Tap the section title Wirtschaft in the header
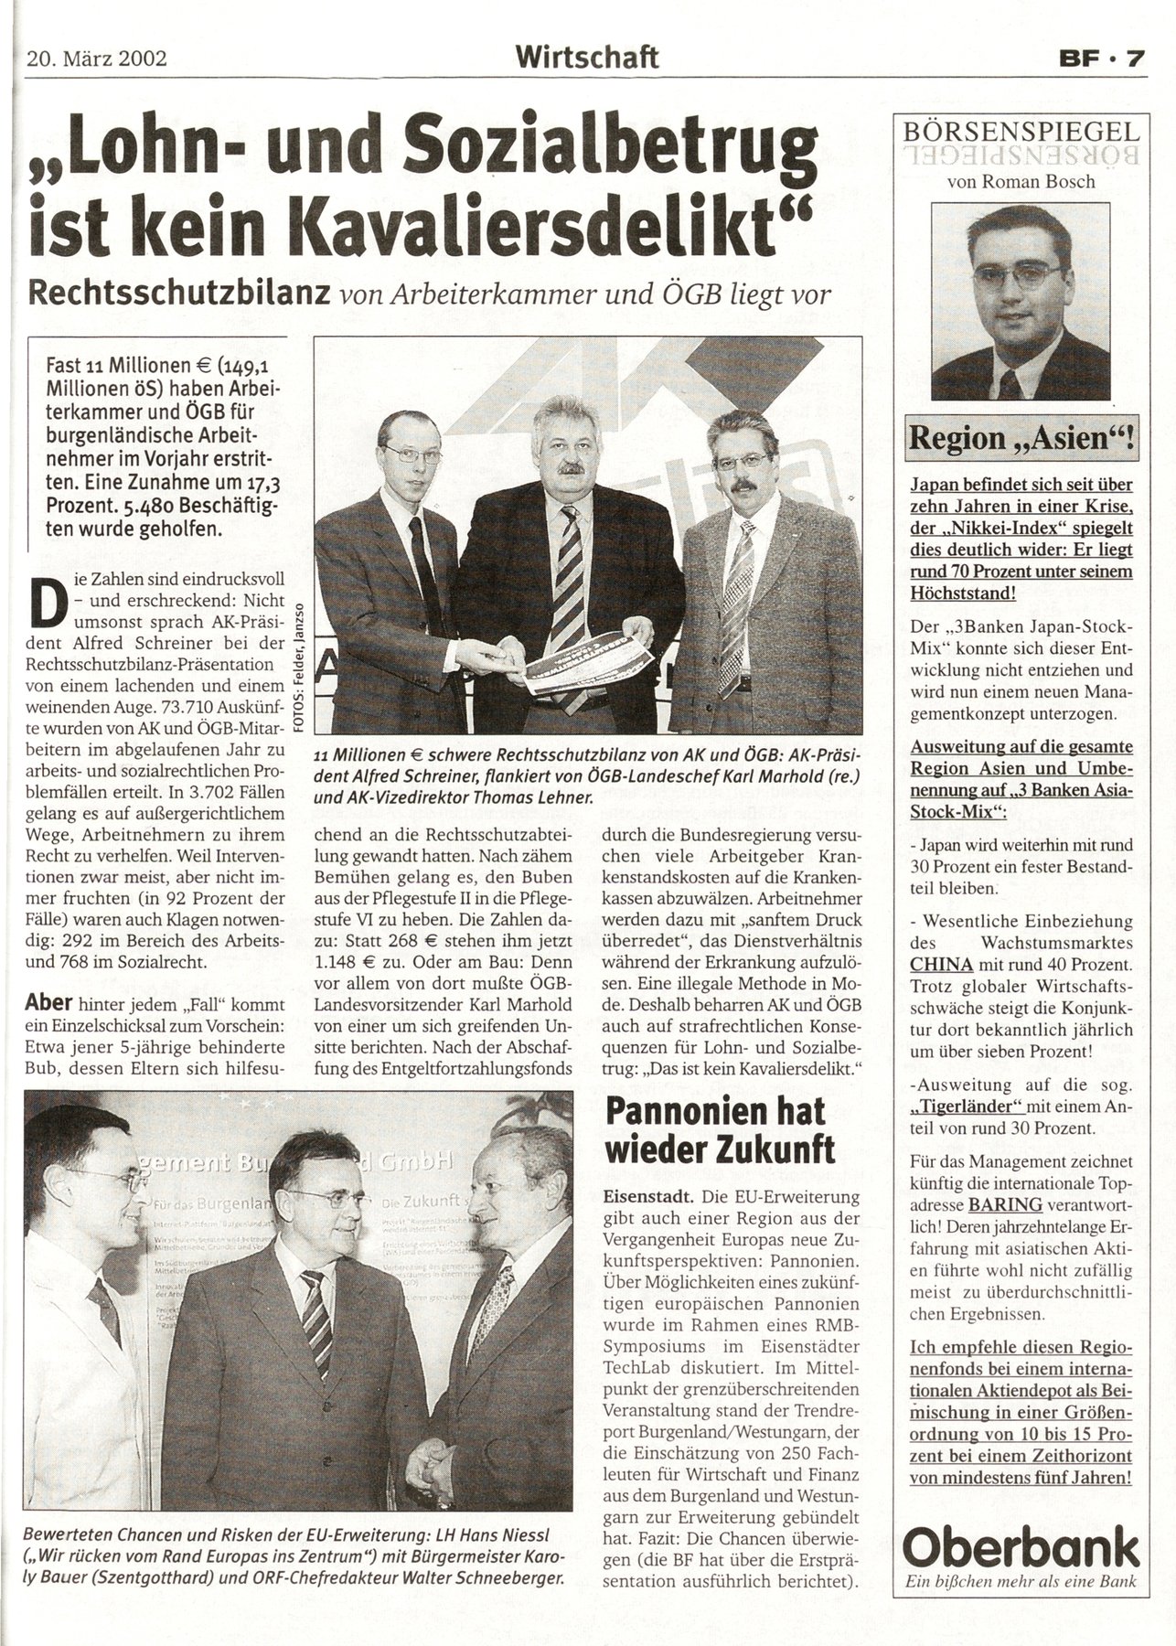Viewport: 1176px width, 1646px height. [x=586, y=58]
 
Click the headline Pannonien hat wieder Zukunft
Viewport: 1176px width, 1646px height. [x=719, y=1130]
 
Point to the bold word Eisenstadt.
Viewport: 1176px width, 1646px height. [x=643, y=1195]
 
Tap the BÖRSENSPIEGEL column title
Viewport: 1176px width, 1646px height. [x=1021, y=131]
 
